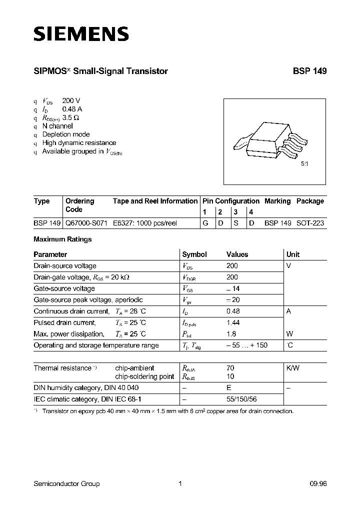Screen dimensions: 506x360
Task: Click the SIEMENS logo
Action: point(81,34)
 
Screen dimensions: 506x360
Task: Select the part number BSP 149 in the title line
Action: point(309,71)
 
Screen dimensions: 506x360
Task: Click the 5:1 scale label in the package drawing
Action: point(304,163)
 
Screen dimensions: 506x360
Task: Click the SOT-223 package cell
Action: point(310,223)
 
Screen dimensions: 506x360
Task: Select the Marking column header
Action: point(277,201)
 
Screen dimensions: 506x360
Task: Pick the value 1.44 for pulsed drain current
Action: point(233,322)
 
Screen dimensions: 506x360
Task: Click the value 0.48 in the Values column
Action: point(233,311)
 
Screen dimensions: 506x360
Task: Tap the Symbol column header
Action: point(194,254)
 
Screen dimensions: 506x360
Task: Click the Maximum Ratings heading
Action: point(62,239)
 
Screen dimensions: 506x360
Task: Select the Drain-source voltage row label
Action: point(65,266)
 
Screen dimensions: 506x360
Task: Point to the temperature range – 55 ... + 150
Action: point(246,345)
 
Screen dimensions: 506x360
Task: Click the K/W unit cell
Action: point(293,368)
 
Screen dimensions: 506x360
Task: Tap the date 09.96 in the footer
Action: point(317,483)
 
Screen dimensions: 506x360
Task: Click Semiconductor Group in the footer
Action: point(66,483)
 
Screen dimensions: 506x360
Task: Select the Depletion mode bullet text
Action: point(66,134)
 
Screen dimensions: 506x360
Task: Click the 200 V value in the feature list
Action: point(71,100)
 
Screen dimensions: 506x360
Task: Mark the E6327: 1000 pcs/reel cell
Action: point(145,223)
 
